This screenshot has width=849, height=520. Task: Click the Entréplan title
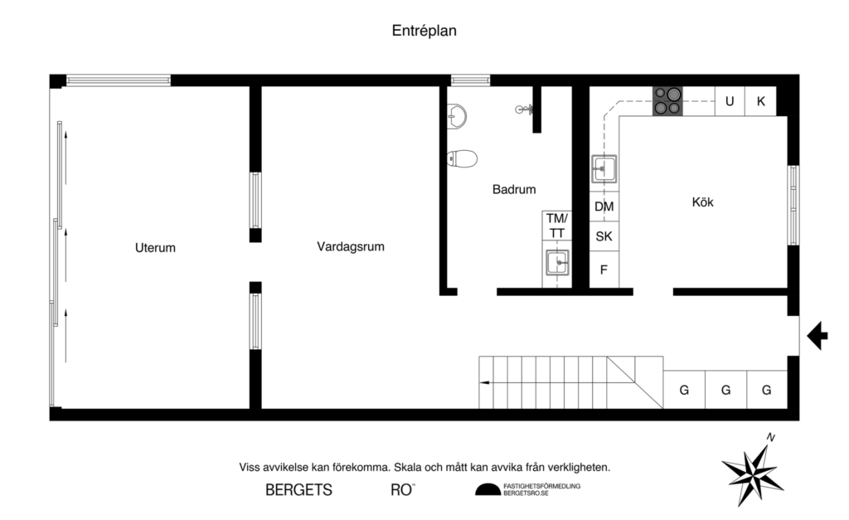pyautogui.click(x=424, y=31)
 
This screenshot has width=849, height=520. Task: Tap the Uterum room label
pyautogui.click(x=155, y=247)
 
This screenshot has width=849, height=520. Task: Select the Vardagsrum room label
pyautogui.click(x=350, y=246)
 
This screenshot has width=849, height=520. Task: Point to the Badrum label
pyautogui.click(x=514, y=189)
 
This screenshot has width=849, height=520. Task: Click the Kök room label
pyautogui.click(x=702, y=202)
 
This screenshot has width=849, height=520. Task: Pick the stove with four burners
pyautogui.click(x=667, y=101)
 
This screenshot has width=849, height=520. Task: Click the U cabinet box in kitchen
pyautogui.click(x=730, y=101)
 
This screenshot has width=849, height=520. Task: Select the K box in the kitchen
pyautogui.click(x=760, y=101)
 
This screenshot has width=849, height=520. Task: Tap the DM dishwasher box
pyautogui.click(x=604, y=206)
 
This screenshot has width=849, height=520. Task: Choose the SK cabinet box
pyautogui.click(x=604, y=236)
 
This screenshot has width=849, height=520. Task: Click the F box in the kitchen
pyautogui.click(x=604, y=270)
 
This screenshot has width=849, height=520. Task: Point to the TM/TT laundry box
pyautogui.click(x=557, y=226)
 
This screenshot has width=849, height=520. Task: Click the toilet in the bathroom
pyautogui.click(x=463, y=158)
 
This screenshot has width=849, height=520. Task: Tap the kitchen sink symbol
pyautogui.click(x=604, y=168)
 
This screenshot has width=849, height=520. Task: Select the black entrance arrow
pyautogui.click(x=817, y=335)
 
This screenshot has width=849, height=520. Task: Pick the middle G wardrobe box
pyautogui.click(x=725, y=390)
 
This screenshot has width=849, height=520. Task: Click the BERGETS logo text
pyautogui.click(x=298, y=490)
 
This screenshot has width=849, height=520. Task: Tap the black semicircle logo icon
pyautogui.click(x=488, y=490)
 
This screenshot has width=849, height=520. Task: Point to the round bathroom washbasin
pyautogui.click(x=456, y=116)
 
